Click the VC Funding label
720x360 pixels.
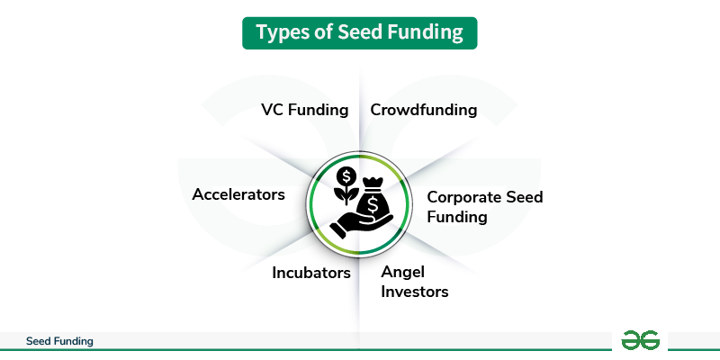(304, 111)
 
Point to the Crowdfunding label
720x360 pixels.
(423, 111)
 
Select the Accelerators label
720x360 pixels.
(238, 194)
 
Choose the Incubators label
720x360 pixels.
(311, 273)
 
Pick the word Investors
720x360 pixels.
(414, 292)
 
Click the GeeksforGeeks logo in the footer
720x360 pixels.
(641, 340)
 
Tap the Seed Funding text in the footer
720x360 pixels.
(59, 342)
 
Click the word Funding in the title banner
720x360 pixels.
(426, 33)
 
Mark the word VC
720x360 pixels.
(273, 111)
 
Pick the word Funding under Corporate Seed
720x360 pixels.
(456, 217)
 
